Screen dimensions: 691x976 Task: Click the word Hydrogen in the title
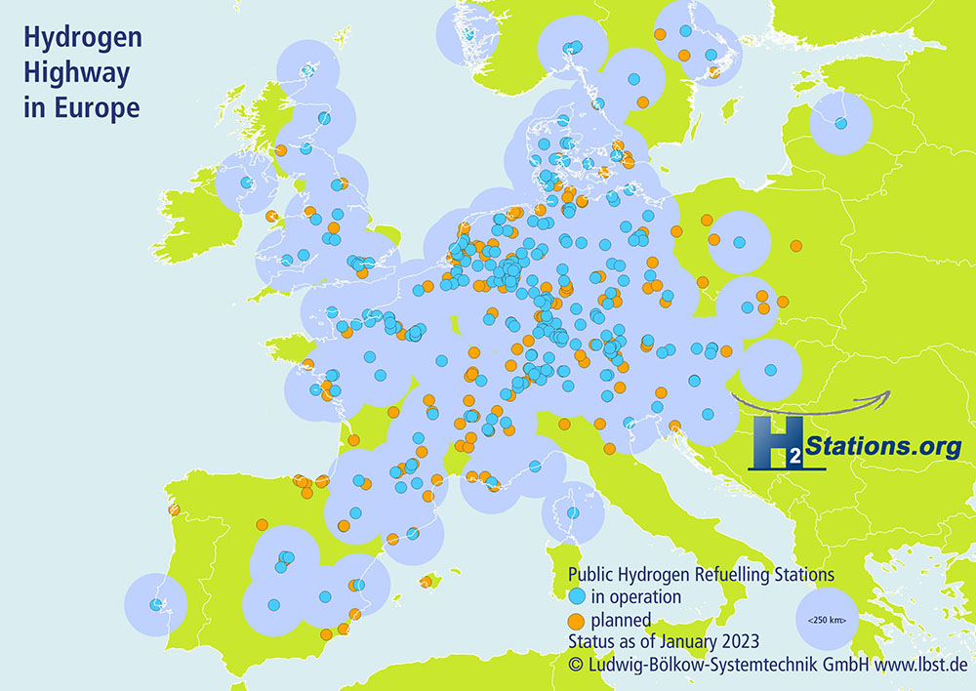(x=82, y=39)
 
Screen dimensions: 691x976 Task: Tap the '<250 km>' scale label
(x=827, y=620)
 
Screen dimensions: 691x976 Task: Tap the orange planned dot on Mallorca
(x=426, y=583)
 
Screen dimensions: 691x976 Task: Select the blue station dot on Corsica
(x=573, y=513)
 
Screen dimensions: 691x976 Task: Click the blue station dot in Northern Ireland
(x=247, y=182)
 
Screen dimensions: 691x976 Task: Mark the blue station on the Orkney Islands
(x=308, y=69)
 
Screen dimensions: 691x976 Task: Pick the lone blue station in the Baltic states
(x=840, y=123)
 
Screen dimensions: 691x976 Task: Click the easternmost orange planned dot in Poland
(x=796, y=246)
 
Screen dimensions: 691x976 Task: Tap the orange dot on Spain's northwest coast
(x=174, y=509)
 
